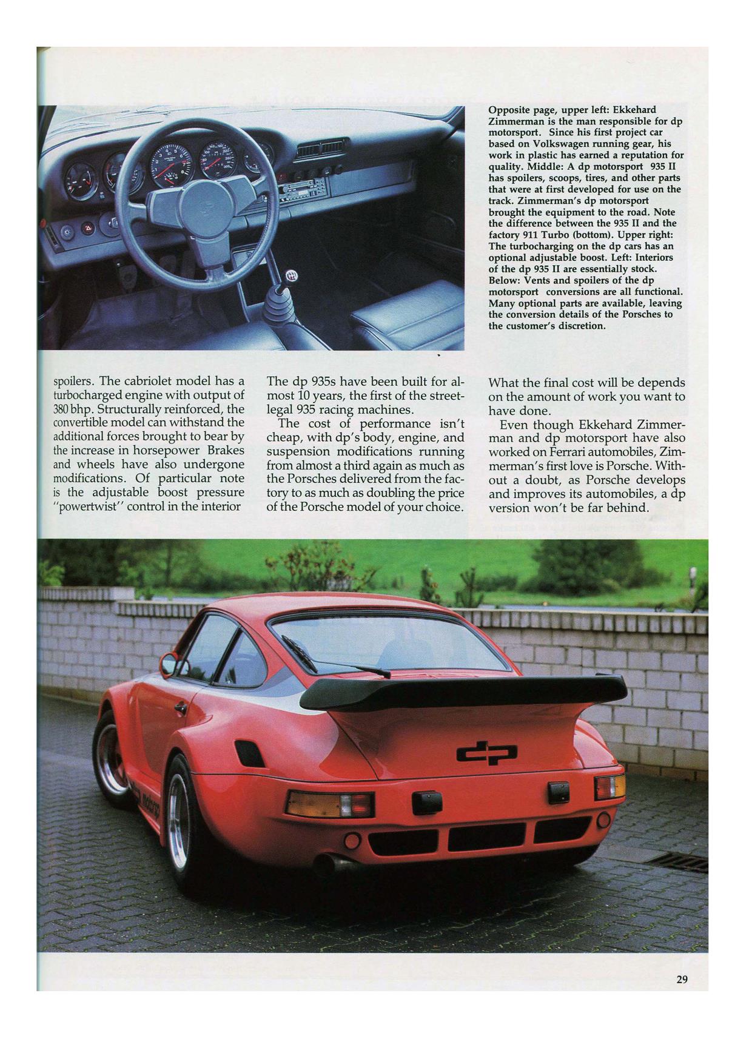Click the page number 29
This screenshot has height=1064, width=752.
682,979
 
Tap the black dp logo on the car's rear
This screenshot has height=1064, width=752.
488,753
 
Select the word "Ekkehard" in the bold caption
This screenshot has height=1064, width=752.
634,110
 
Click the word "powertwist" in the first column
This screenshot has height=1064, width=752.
87,506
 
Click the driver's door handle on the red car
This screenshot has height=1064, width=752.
180,707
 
